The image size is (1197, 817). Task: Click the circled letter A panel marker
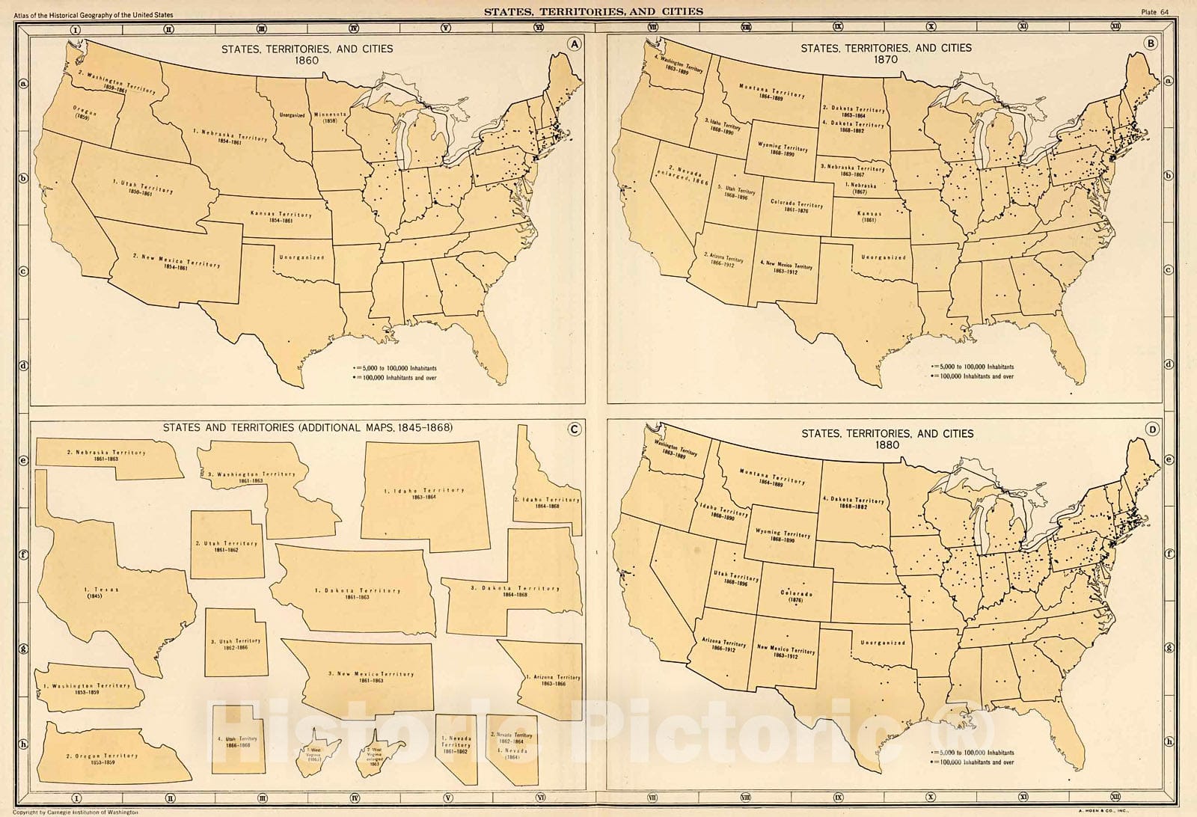[574, 44]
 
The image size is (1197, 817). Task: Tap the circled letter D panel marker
[1153, 429]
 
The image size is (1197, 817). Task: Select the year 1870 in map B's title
[886, 59]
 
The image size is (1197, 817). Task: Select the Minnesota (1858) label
[329, 116]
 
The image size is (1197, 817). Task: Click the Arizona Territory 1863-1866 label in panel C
[553, 680]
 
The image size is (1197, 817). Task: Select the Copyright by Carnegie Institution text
[70, 812]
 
